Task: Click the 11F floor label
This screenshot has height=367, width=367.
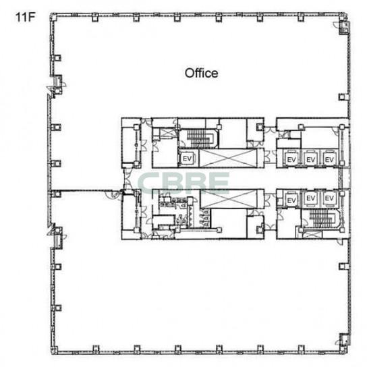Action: coord(25,17)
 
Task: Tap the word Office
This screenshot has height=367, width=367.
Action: coord(201,74)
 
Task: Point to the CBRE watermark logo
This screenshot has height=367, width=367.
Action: coord(183,183)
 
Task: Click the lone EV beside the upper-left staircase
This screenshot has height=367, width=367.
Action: coord(188,159)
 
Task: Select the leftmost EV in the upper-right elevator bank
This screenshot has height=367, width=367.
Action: coord(291,160)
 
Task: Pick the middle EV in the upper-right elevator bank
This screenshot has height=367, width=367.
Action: coord(310,160)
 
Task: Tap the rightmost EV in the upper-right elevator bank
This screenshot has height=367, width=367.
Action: coord(329,160)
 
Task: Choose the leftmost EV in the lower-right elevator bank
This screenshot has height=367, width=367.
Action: coord(291,200)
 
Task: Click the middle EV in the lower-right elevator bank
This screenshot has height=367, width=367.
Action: coord(310,198)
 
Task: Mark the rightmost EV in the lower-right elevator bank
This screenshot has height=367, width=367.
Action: coord(329,198)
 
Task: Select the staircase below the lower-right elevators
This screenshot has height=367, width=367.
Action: coord(322,218)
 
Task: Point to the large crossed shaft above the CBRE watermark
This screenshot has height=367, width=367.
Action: coord(228,159)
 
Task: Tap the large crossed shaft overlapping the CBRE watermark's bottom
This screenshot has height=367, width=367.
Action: coord(229,199)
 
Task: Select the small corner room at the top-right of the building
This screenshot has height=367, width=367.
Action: coord(345,28)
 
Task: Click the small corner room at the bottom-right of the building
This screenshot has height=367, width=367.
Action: coord(345,340)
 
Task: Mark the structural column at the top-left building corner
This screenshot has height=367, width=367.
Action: coord(54,18)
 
